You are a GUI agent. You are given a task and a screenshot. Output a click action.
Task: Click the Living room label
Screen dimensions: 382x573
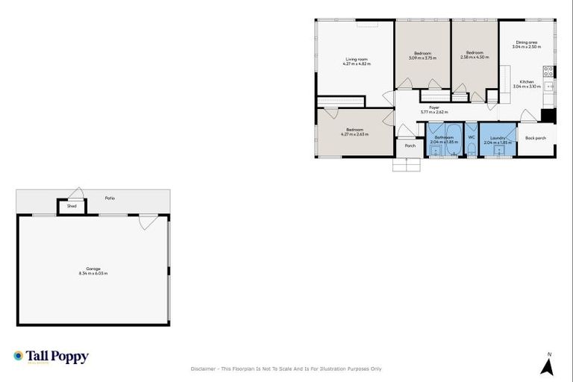[356, 59]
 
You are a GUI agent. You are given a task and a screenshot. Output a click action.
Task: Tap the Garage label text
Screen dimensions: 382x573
[93, 269]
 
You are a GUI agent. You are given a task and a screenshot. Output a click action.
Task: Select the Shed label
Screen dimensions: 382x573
[72, 206]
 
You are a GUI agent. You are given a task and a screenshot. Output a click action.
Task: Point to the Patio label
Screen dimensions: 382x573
[110, 198]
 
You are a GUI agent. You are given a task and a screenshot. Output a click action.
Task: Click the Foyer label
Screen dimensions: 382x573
[433, 107]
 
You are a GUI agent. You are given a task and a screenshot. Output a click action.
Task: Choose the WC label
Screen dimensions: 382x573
[471, 137]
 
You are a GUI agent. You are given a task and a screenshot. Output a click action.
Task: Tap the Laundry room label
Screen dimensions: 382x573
[498, 137]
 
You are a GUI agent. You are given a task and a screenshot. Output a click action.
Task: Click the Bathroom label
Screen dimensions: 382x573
[445, 137]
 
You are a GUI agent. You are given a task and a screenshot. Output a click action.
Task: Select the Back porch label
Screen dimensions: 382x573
[535, 138]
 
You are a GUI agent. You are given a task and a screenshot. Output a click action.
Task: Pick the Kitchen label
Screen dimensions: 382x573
[527, 81]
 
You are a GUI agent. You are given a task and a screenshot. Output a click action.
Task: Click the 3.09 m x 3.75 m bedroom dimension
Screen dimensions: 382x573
[422, 57]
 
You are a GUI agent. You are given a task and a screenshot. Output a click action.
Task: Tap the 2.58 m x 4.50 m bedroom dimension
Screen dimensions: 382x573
[475, 57]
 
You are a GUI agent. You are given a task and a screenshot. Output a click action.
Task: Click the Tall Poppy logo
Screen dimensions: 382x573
[51, 357]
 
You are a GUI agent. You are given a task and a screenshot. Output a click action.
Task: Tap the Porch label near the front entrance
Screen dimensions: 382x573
[410, 145]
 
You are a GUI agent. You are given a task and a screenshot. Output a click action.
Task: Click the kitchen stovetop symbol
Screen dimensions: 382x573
[548, 72]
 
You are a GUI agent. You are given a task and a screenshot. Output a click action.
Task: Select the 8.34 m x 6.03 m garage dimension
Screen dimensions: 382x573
[93, 273]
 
